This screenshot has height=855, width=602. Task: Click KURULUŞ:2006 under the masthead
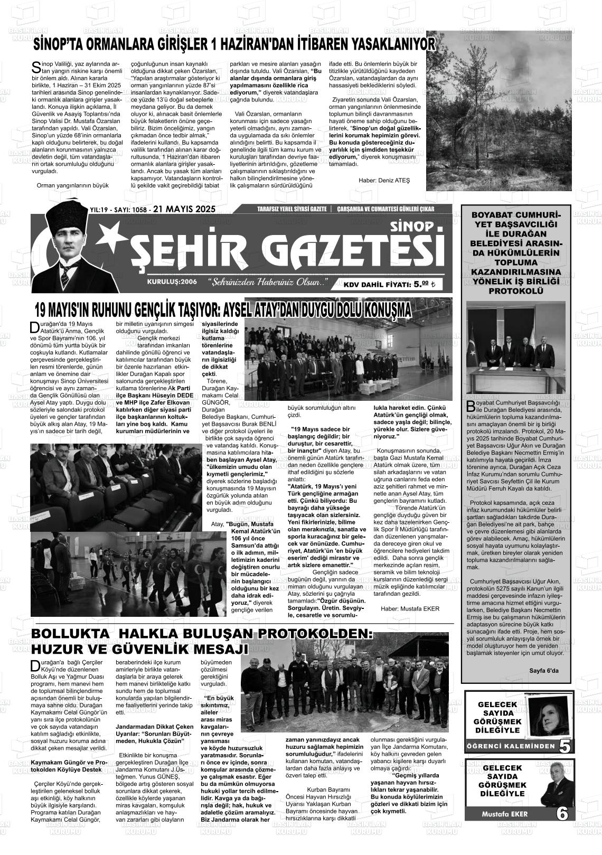[172, 281]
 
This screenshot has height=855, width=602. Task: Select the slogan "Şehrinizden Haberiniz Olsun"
[267, 281]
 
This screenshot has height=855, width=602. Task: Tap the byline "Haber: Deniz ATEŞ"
[384, 181]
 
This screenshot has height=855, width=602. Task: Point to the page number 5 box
[564, 746]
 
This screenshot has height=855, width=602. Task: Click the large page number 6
[563, 813]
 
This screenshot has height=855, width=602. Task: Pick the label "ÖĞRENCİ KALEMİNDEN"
[511, 746]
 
